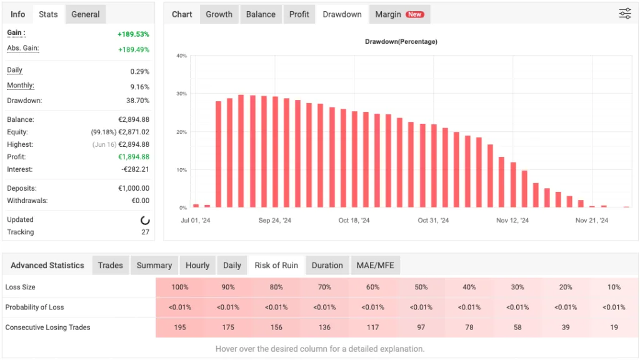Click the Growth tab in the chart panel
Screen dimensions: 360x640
pyautogui.click(x=219, y=14)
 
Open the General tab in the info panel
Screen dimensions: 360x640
pyautogui.click(x=85, y=14)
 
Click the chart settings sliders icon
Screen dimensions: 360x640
pyautogui.click(x=625, y=14)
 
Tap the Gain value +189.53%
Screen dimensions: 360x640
pyautogui.click(x=133, y=34)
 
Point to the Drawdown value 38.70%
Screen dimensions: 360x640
pyautogui.click(x=137, y=101)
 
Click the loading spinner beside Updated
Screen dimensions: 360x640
pyautogui.click(x=145, y=220)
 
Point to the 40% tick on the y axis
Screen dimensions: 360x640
pyautogui.click(x=181, y=56)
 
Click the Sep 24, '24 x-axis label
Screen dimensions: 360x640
pyautogui.click(x=274, y=221)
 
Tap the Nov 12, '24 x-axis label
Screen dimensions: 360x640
pyautogui.click(x=512, y=221)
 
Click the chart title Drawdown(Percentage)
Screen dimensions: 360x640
pyautogui.click(x=401, y=42)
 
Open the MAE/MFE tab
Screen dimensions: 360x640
pyautogui.click(x=376, y=266)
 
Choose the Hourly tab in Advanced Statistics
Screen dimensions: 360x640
pyautogui.click(x=197, y=266)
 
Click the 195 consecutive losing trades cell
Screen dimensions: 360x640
pyautogui.click(x=179, y=327)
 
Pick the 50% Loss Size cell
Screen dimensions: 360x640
pyautogui.click(x=421, y=287)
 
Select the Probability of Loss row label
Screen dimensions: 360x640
pyautogui.click(x=34, y=307)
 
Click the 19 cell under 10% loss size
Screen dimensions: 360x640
pyautogui.click(x=614, y=327)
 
